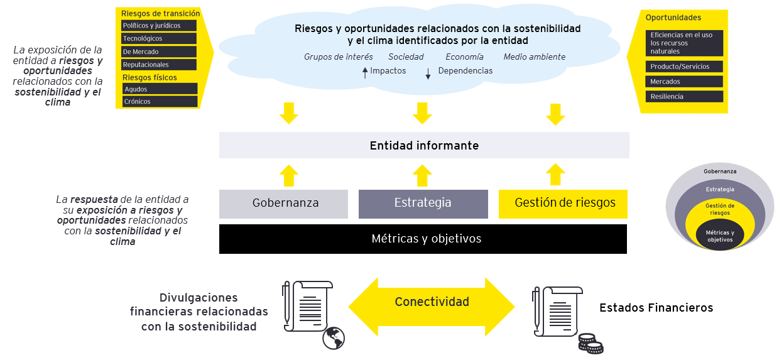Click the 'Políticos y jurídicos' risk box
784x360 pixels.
[x=159, y=26]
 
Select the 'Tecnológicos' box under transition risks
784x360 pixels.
[x=159, y=39]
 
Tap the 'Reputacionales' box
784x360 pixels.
[x=159, y=65]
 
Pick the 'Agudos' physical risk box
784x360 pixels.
[x=160, y=89]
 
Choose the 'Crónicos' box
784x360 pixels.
[x=160, y=102]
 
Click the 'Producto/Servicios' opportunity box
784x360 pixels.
[x=684, y=67]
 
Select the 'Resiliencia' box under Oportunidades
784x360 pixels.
[x=684, y=97]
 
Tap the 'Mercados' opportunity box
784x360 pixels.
[x=684, y=82]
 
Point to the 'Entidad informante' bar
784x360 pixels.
[x=424, y=145]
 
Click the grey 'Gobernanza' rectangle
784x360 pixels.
[x=283, y=204]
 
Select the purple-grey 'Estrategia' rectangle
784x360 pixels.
[x=423, y=204]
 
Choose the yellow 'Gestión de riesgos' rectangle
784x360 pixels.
[x=563, y=204]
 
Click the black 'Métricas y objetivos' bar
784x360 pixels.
[x=423, y=239]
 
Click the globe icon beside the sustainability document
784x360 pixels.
[x=334, y=338]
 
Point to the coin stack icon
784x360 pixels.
[x=591, y=344]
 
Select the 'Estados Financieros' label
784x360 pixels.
[x=656, y=308]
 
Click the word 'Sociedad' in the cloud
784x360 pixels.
[x=406, y=57]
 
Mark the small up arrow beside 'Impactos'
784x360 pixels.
[x=365, y=73]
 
